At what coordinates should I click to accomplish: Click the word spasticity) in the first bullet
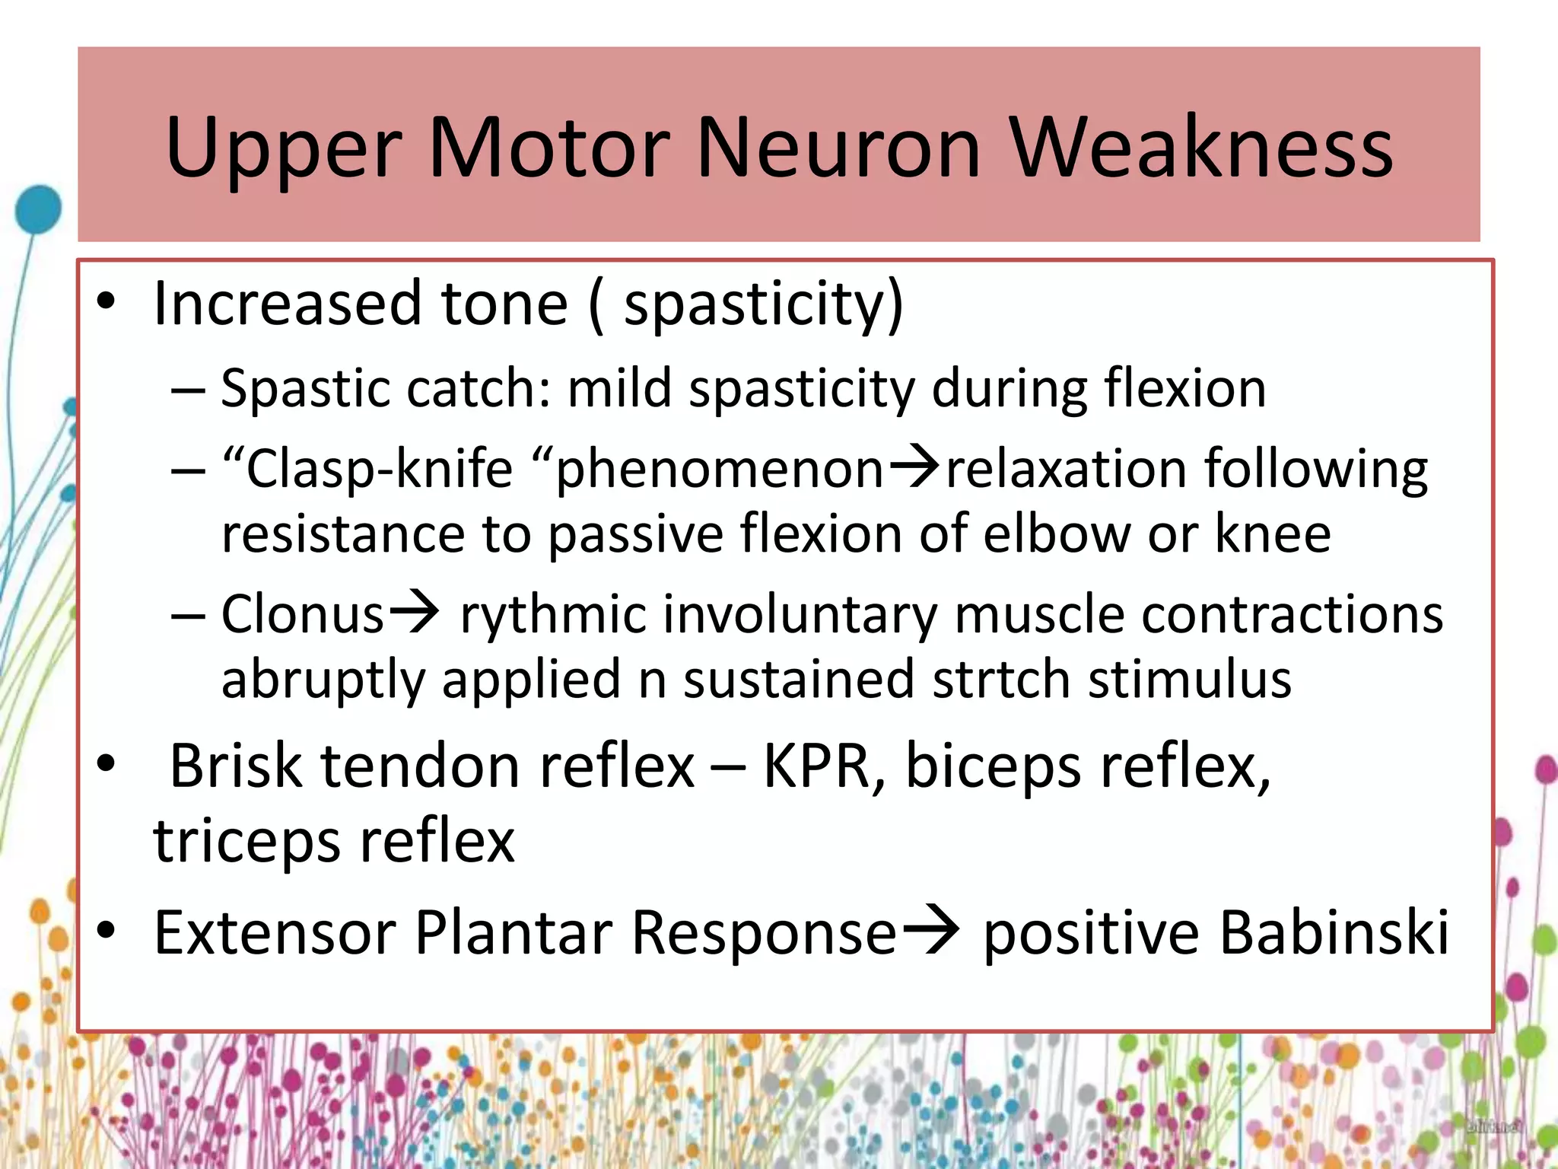click(x=764, y=304)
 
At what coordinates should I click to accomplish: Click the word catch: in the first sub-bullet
click(x=479, y=388)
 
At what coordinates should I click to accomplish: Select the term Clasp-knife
click(x=379, y=468)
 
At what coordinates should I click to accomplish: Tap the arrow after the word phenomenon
click(x=915, y=466)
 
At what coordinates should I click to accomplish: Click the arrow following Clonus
click(x=414, y=612)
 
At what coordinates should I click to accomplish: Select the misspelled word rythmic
click(x=553, y=615)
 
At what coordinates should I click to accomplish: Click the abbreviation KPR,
click(x=825, y=766)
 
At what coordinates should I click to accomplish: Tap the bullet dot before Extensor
click(x=107, y=930)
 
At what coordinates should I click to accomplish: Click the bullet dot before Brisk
click(x=107, y=763)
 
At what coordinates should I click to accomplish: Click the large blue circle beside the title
click(x=38, y=208)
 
